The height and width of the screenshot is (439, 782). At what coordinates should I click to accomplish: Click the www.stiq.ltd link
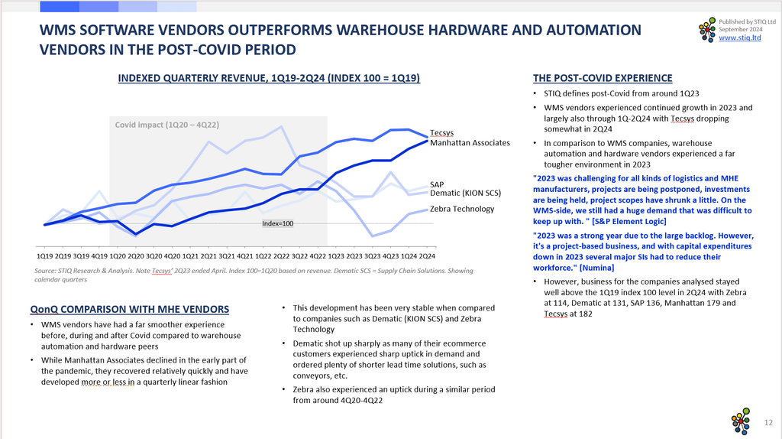pos(739,37)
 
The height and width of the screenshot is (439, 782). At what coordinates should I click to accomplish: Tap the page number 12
pos(768,422)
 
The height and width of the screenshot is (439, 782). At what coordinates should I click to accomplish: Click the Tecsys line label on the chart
pos(441,133)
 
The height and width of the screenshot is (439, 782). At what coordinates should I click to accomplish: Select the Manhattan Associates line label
pos(470,143)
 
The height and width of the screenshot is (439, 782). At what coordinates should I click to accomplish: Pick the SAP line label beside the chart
pos(437,184)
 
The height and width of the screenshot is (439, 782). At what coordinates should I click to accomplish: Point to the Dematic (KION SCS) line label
pos(465,193)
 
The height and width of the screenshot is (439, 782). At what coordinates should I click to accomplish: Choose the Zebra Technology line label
pos(462,209)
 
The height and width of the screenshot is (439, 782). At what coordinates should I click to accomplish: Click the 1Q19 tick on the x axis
pos(45,255)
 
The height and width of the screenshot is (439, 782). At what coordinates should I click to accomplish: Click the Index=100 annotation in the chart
pos(277,223)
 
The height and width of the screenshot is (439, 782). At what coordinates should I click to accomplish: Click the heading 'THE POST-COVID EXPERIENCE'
pos(602,78)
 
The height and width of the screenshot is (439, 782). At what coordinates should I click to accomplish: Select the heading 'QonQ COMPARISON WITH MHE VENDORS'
pos(129,309)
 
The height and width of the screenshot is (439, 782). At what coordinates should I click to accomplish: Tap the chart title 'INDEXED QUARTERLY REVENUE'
pos(269,78)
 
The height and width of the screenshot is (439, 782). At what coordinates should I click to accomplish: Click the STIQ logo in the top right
pos(708,30)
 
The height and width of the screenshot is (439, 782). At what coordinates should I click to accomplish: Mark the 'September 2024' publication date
pos(741,29)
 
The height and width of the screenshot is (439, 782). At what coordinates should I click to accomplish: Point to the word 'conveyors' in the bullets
pos(310,376)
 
